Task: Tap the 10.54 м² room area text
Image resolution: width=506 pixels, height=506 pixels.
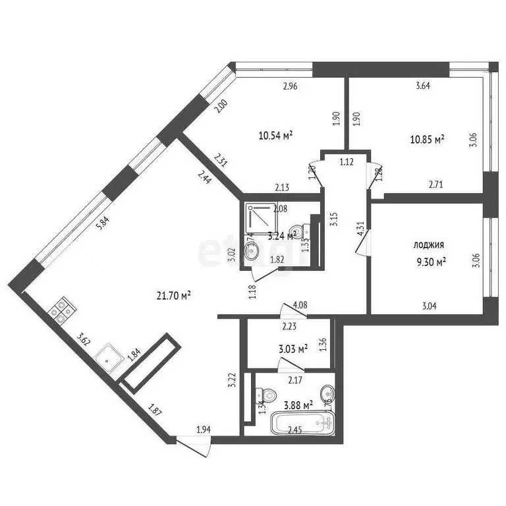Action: coord(276,136)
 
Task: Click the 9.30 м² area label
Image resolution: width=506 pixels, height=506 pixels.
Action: coord(431,261)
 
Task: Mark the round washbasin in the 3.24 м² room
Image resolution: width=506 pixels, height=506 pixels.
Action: coord(252,250)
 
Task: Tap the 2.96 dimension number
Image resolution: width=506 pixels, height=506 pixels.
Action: coord(291,85)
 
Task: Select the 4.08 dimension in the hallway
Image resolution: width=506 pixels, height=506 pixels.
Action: coord(300,305)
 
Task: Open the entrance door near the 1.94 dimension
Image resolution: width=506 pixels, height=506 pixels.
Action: coord(195,445)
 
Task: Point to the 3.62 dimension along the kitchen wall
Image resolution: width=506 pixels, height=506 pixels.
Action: coord(83,339)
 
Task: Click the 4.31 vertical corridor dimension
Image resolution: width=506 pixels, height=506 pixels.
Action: coord(360,228)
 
